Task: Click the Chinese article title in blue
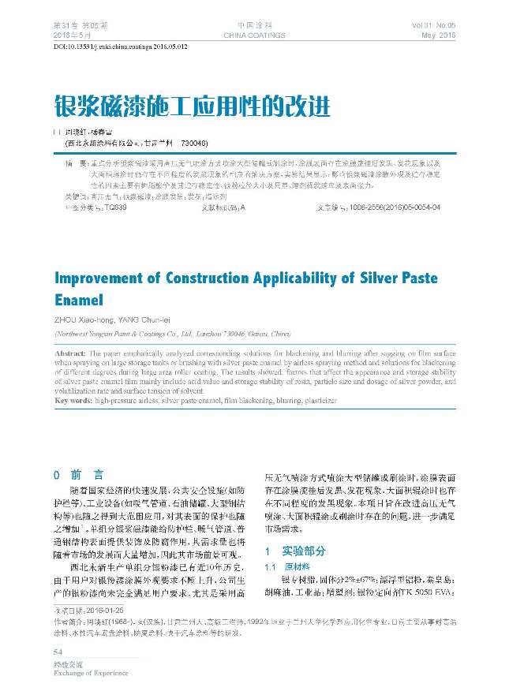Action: [x=192, y=105]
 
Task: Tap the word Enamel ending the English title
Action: [x=79, y=301]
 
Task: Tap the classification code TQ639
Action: [x=111, y=207]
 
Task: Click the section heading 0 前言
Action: [x=77, y=475]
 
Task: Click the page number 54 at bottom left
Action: [x=58, y=651]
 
